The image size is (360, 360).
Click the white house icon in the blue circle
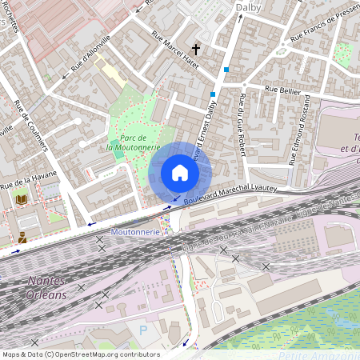tap(180, 173)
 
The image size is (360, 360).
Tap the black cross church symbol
tap(195, 49)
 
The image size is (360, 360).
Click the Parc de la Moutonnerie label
tap(134, 142)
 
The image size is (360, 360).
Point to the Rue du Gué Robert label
tap(241, 127)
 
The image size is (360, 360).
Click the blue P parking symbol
tap(143, 330)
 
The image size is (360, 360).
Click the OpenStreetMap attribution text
tap(80, 354)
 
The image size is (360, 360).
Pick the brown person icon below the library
tap(22, 237)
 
